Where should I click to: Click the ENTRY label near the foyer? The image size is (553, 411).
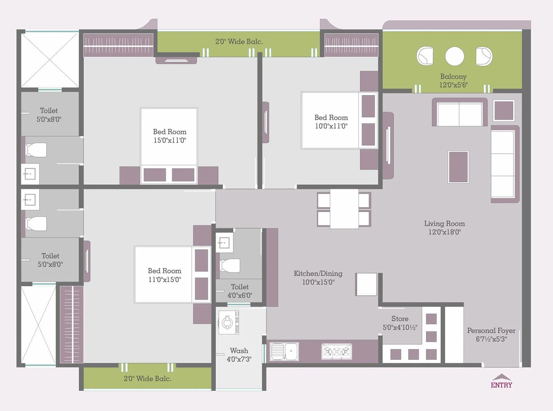coord(502,385)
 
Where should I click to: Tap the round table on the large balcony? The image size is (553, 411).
coord(454,56)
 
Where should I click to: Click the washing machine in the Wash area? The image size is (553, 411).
coord(228,323)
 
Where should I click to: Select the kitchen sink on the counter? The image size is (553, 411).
coord(284,351)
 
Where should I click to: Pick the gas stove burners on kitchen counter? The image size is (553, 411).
coord(337,352)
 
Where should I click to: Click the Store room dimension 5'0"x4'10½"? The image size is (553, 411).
coord(400,327)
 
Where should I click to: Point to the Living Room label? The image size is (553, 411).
coord(444,223)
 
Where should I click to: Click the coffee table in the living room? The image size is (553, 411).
coord(458,167)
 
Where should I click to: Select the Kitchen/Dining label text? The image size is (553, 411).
coord(318,274)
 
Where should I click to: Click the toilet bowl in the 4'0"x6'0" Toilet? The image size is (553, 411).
coord(230,265)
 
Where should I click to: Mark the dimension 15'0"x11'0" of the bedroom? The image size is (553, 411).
coord(170,140)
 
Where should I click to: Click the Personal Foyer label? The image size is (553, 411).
coord(491,331)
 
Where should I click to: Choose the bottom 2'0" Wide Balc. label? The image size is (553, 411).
coord(147,379)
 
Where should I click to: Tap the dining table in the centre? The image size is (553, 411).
coord(344,209)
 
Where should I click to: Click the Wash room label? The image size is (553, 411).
coord(239,351)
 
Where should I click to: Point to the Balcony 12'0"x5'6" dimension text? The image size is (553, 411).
coord(453,85)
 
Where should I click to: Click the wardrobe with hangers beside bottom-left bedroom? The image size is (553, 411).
coord(72,325)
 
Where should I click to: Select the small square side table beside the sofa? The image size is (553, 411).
coord(504,110)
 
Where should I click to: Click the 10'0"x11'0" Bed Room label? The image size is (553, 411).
coord(331,117)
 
